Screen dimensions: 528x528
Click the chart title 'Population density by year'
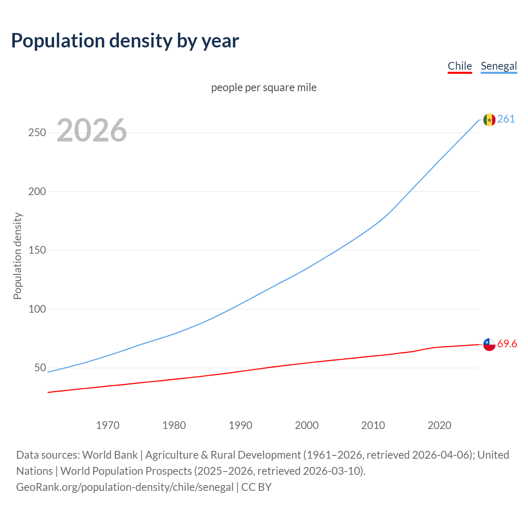point(125,41)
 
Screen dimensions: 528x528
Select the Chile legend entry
point(460,66)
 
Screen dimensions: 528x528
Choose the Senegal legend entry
point(499,66)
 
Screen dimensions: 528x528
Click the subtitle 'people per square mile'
point(264,87)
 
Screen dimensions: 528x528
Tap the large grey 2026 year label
point(92,130)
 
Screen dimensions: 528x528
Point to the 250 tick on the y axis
point(37,133)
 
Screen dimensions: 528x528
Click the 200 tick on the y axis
point(37,191)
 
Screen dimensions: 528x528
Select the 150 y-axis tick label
point(37,250)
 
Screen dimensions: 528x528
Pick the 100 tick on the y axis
point(37,309)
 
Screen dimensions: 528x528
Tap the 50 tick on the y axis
point(40,368)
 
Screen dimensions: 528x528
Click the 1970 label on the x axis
point(108,425)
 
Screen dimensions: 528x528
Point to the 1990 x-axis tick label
point(240,425)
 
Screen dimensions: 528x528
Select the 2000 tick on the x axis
point(307,425)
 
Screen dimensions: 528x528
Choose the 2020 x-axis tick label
point(439,425)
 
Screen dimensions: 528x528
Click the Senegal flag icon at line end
point(489,120)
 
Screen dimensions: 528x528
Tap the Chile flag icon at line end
point(489,344)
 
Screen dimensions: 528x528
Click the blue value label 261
point(506,119)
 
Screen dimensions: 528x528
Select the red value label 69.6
point(507,344)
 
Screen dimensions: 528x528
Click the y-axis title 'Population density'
point(17,256)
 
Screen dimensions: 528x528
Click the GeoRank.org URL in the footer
point(125,487)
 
